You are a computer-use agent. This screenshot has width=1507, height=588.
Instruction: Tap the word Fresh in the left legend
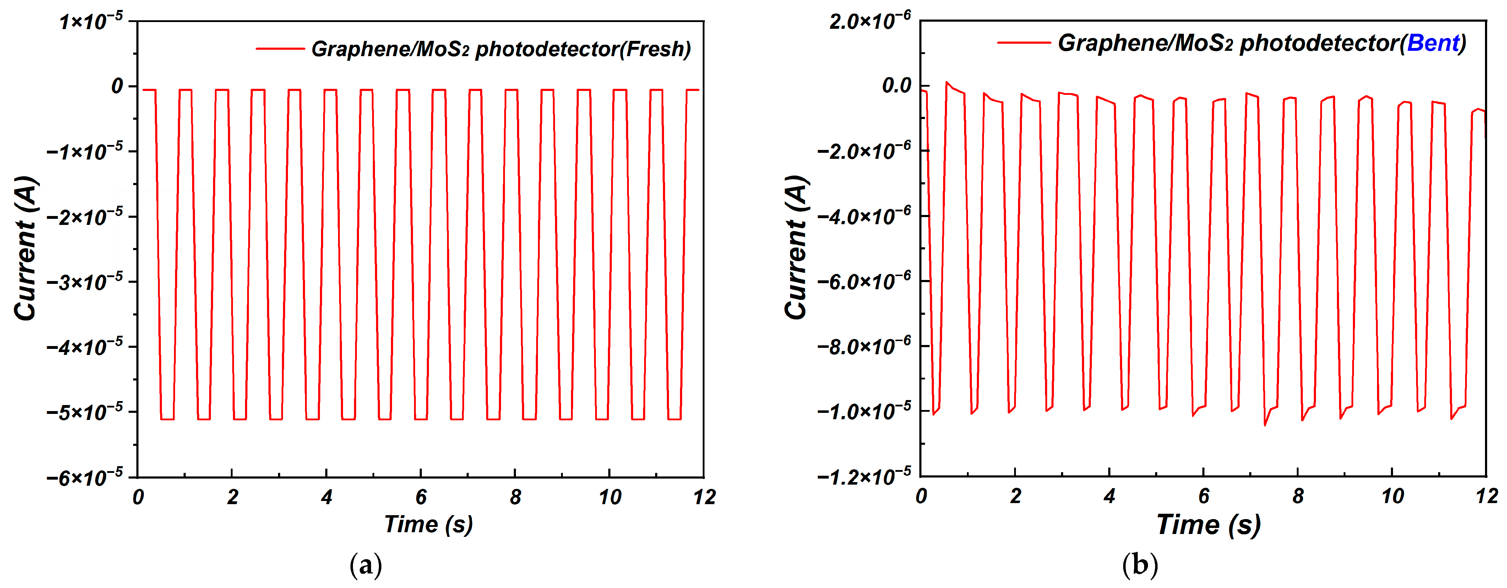click(x=655, y=49)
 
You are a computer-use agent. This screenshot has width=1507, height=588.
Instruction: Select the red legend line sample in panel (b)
click(x=1023, y=43)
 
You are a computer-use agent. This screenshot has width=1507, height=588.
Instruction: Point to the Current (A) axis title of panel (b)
click(x=797, y=248)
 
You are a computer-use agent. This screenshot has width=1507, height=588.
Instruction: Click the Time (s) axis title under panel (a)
click(x=428, y=524)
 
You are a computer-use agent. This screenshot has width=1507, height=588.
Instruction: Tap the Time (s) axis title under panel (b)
click(x=1209, y=524)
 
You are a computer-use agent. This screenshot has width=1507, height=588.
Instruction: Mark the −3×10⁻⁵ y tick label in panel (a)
click(x=85, y=282)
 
